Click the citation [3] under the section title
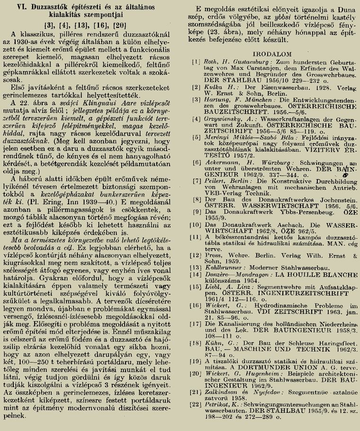click(x=49, y=25)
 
